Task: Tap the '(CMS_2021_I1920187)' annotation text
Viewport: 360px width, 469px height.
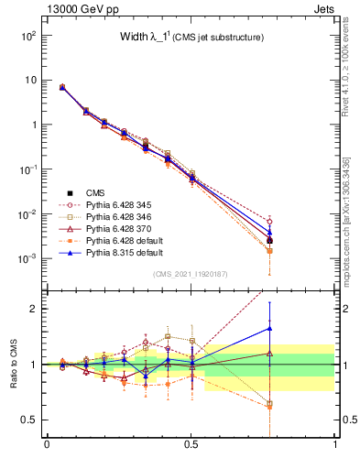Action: [191, 275]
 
